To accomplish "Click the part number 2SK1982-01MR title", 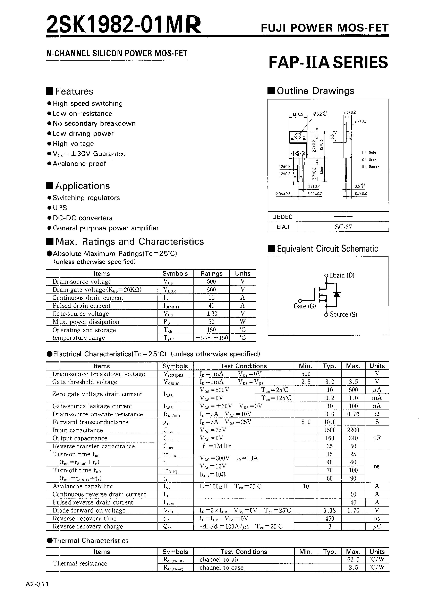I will pos(124,24).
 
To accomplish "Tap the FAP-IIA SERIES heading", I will pos(328,62).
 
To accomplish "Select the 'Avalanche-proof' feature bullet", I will pos(79,164).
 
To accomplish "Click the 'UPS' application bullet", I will pos(60,208).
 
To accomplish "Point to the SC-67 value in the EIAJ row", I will pos(343,227).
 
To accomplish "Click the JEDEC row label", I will pos(282,217).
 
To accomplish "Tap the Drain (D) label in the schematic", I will pos(342,275).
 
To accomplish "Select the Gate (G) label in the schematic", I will pos(305,306).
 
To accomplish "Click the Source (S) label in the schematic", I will pos(343,315).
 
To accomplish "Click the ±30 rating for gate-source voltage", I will pos(211,314).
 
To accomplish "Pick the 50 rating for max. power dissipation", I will pos(211,322).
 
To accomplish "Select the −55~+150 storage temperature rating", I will pos(211,338).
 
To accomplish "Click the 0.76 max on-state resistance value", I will pos(353,414).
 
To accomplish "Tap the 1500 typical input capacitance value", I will pos(330,430).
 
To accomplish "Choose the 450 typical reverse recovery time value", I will pos(330,518).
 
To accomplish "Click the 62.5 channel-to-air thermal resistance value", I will pos(353,560).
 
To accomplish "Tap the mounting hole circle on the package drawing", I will pos(298,136).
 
